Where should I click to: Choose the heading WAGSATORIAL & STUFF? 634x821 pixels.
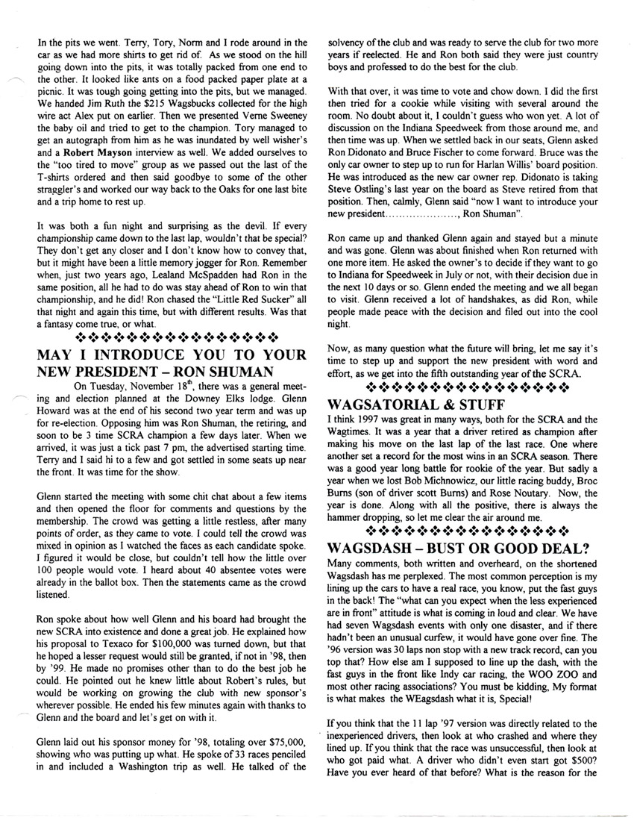click(x=407, y=405)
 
